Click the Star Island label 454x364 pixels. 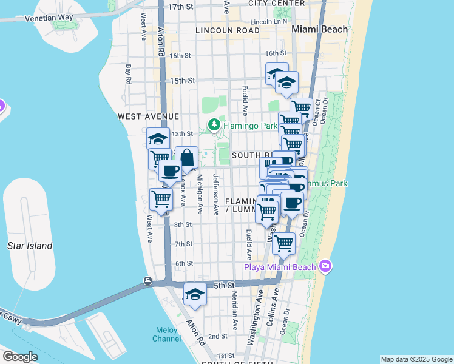coord(30,246)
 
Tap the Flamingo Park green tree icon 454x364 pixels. coord(214,126)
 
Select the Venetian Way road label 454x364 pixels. coord(49,18)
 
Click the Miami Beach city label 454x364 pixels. coord(320,29)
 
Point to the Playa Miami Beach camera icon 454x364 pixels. coord(326,267)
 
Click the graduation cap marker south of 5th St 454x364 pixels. coord(195,294)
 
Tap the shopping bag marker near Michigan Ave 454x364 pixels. coord(187,158)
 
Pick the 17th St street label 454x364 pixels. coord(180,7)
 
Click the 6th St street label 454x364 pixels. coord(183,263)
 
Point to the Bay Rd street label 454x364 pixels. coord(129,75)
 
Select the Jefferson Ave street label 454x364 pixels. coord(215,194)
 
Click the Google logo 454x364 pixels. coord(20,357)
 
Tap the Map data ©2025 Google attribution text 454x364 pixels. coord(416,359)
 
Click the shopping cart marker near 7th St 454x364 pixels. coord(283,244)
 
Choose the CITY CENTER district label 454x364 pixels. coord(276,3)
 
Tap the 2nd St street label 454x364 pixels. coord(217,335)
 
